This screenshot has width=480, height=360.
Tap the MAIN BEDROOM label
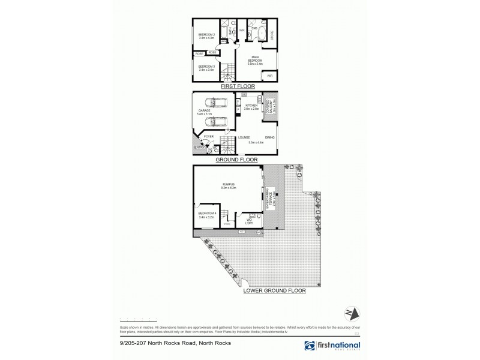click(259, 60)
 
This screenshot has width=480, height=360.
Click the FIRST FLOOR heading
click(238, 86)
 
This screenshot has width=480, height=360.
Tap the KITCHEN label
click(251, 107)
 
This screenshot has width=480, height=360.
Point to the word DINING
click(269, 137)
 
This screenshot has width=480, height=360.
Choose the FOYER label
click(209, 136)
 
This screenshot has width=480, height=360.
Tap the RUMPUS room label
click(228, 186)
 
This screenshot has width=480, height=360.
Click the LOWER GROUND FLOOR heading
click(275, 290)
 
